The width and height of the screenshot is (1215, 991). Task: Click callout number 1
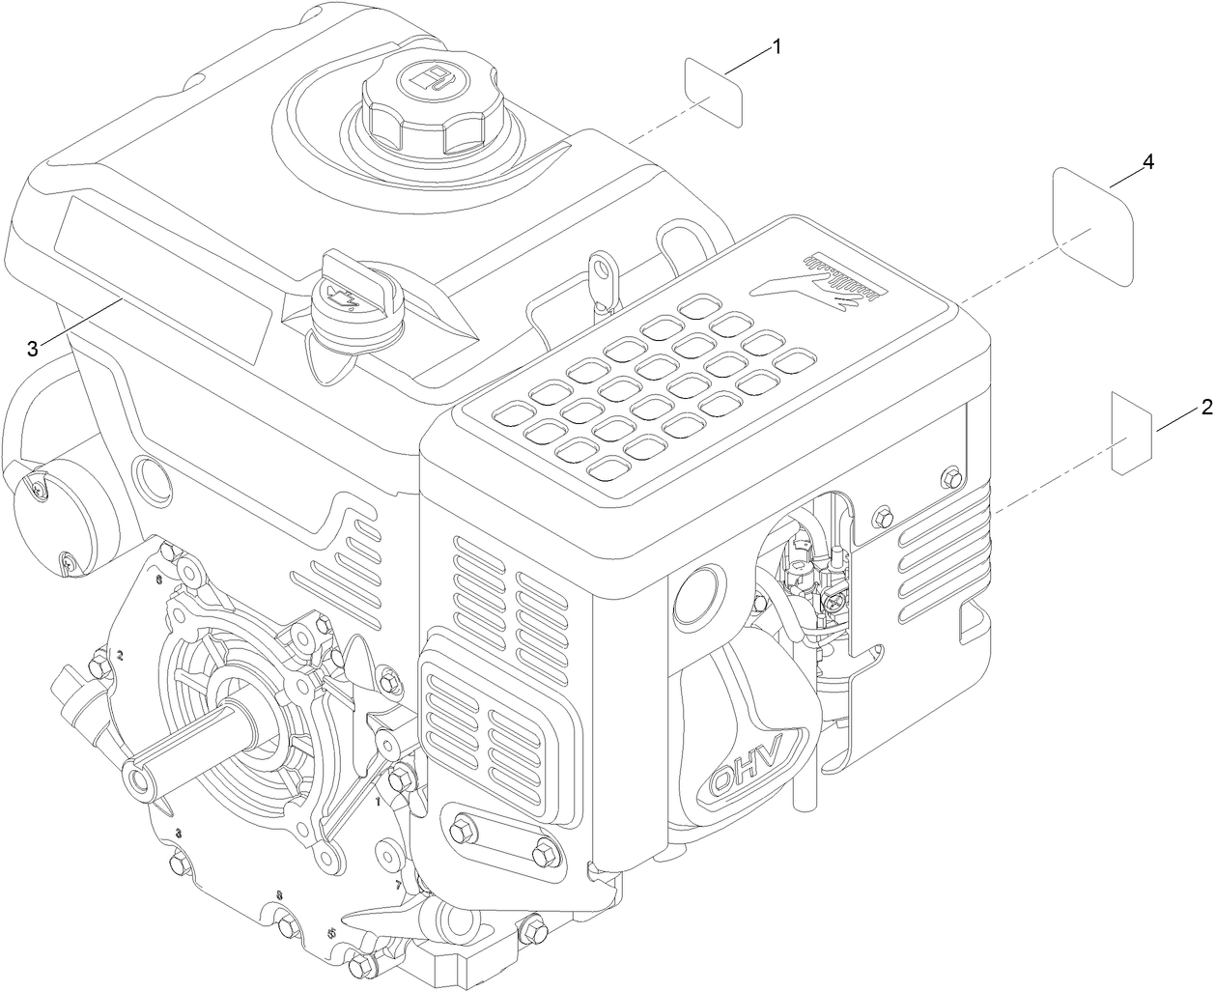[777, 47]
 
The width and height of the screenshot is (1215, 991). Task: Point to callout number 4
[1146, 163]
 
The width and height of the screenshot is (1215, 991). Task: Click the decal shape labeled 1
[715, 93]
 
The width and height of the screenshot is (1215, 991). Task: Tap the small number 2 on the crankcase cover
[120, 655]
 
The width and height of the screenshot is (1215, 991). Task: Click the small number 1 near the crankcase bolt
[378, 801]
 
